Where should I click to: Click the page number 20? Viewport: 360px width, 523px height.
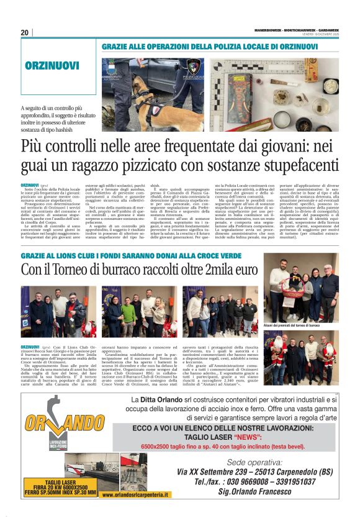coord(25,33)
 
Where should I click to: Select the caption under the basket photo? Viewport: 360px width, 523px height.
coord(292,324)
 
